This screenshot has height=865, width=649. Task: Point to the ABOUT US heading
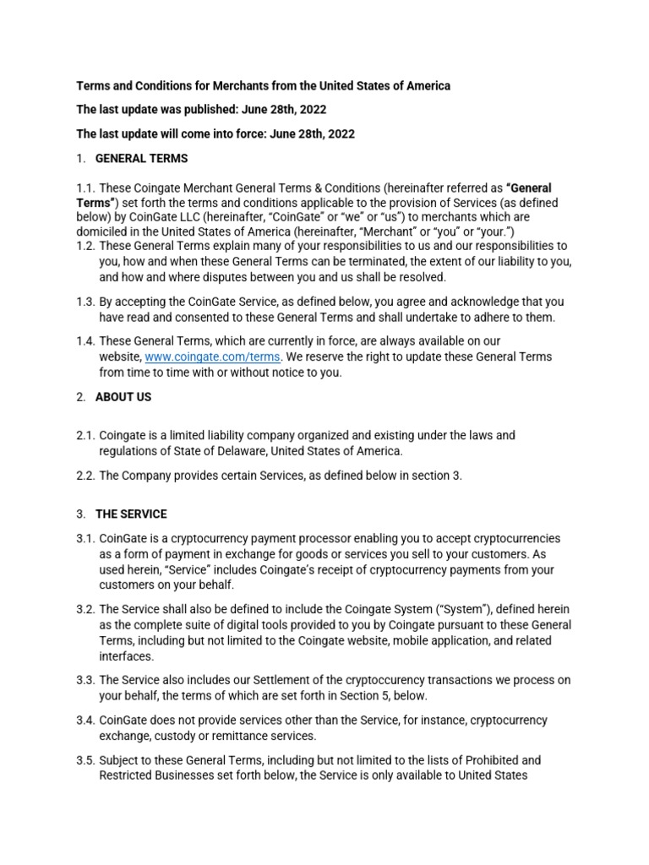click(123, 397)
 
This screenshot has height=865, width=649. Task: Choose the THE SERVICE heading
click(131, 514)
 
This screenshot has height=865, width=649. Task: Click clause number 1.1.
click(87, 188)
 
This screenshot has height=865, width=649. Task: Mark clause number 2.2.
click(87, 476)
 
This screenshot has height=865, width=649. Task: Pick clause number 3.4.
click(87, 721)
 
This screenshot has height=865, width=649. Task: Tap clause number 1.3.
click(87, 302)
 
